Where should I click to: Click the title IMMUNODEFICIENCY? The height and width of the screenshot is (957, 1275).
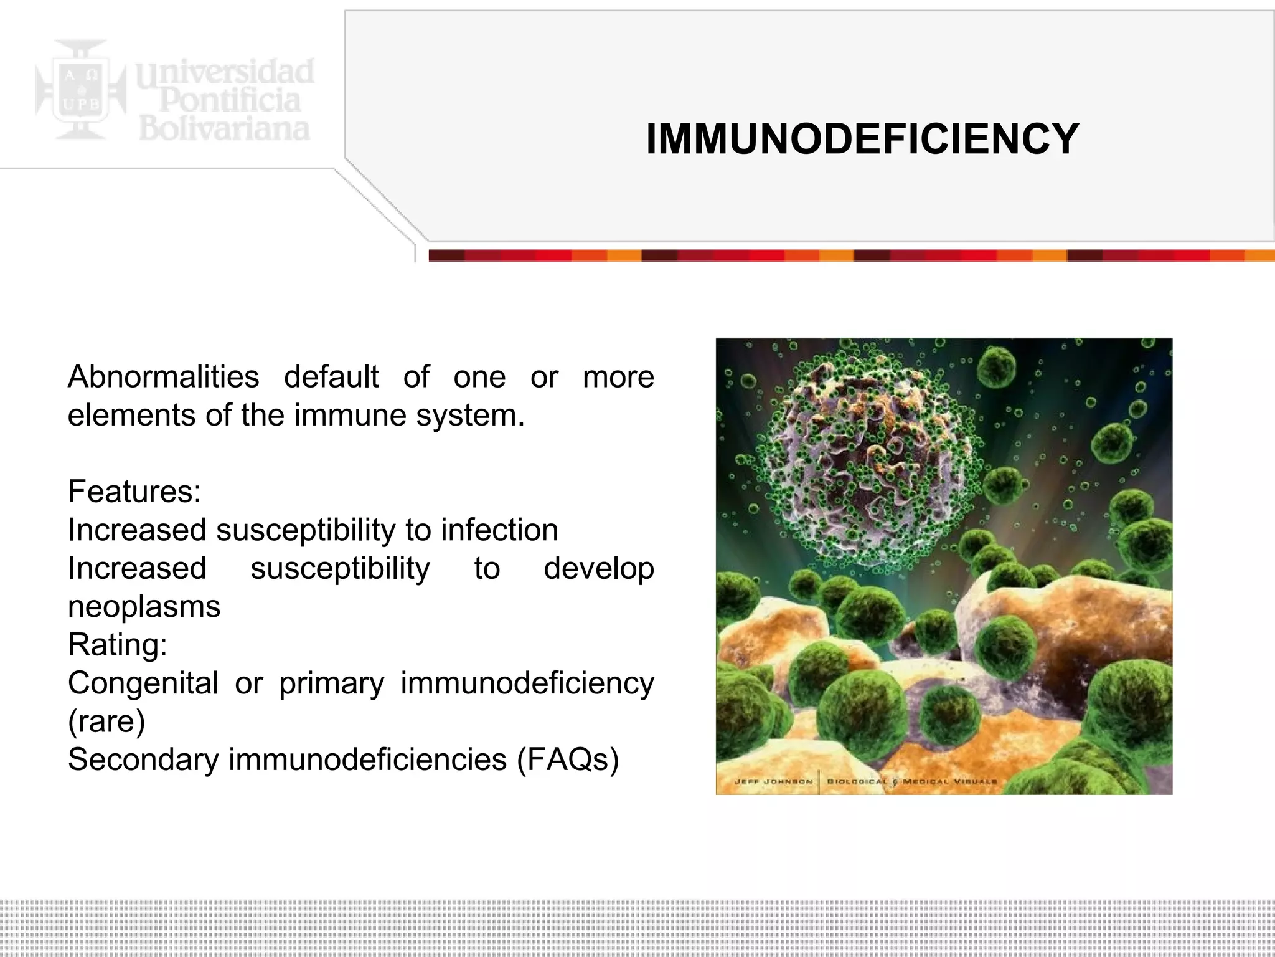tap(862, 138)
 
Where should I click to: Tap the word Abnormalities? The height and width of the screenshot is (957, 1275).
tap(163, 377)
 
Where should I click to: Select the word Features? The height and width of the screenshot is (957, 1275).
tap(134, 492)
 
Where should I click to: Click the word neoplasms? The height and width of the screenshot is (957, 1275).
tap(144, 607)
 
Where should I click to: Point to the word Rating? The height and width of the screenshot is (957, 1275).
tap(118, 645)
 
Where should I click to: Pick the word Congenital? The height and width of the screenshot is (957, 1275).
tap(143, 683)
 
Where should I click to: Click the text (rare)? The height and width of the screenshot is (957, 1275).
tap(106, 721)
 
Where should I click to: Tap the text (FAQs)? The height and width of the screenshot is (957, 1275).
tap(568, 759)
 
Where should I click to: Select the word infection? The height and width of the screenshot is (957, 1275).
tap(499, 530)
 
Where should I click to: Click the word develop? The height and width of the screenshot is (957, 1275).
tap(598, 569)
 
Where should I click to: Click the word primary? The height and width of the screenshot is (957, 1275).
tap(331, 683)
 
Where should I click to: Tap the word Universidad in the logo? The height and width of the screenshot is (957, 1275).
tap(225, 72)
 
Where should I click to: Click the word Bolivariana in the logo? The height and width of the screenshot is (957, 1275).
tap(224, 129)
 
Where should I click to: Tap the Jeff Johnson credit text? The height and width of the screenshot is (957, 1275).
tap(773, 781)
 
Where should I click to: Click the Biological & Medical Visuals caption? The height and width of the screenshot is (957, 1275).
tap(912, 781)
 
